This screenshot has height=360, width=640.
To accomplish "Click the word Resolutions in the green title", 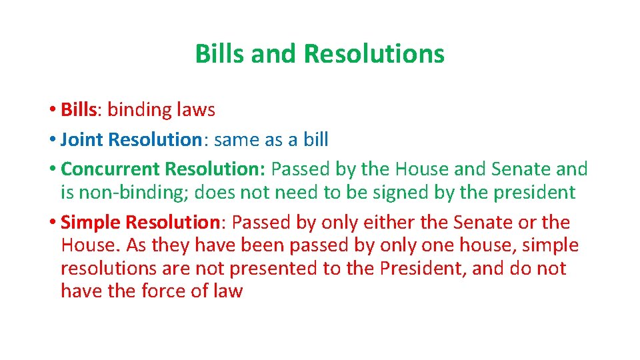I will coord(373,54).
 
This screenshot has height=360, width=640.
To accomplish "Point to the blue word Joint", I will coord(82,139).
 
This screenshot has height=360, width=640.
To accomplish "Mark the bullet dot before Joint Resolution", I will coord(52,140).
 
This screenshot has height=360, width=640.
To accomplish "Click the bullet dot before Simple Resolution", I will coord(52,223).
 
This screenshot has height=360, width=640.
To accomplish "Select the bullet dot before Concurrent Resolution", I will coord(52,170).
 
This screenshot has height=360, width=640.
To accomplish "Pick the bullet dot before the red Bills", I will coord(52,109).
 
